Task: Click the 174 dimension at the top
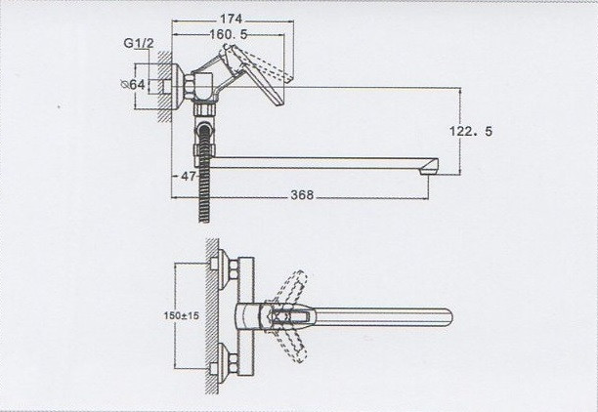pos(231,19)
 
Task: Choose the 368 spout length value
pos(302,195)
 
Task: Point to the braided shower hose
pos(202,181)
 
